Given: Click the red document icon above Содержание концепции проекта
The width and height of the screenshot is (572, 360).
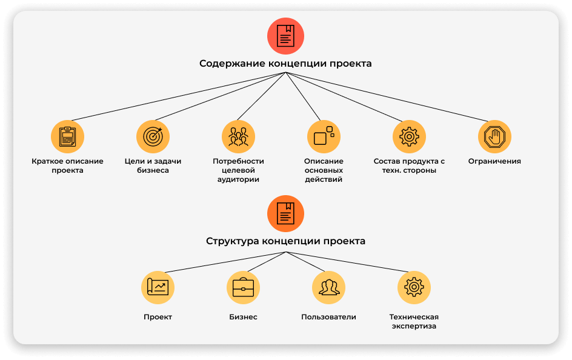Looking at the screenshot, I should pyautogui.click(x=285, y=36).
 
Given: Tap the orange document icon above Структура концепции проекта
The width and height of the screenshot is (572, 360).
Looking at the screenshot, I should pyautogui.click(x=285, y=213).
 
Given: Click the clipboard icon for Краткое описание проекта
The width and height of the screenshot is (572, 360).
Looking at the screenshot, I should pyautogui.click(x=67, y=136).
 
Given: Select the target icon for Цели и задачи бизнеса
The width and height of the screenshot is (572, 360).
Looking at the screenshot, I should pyautogui.click(x=153, y=136).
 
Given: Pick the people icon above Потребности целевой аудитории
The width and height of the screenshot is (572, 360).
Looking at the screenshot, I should pyautogui.click(x=238, y=136).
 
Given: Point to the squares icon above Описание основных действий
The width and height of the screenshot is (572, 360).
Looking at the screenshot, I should pyautogui.click(x=324, y=136).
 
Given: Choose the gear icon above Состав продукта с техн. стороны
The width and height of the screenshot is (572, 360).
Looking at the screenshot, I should pyautogui.click(x=409, y=136).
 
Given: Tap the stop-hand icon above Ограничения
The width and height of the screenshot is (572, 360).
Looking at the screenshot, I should pyautogui.click(x=494, y=136).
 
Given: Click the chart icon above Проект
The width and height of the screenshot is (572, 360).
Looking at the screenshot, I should pyautogui.click(x=158, y=287).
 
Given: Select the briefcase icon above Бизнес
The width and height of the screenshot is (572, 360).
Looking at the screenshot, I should pyautogui.click(x=243, y=287).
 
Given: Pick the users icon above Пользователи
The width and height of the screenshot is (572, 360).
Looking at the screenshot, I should pyautogui.click(x=328, y=287).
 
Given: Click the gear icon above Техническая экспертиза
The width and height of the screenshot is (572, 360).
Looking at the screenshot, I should pyautogui.click(x=414, y=287).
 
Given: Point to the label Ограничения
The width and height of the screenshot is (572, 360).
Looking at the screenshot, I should pyautogui.click(x=494, y=161).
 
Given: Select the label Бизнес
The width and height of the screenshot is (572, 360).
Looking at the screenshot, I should pyautogui.click(x=243, y=317).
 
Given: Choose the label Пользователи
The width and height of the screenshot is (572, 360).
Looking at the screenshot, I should pyautogui.click(x=328, y=317).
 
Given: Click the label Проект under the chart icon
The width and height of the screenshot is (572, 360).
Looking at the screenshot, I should pyautogui.click(x=158, y=317).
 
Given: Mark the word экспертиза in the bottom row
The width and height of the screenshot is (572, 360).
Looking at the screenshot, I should pyautogui.click(x=414, y=327).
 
